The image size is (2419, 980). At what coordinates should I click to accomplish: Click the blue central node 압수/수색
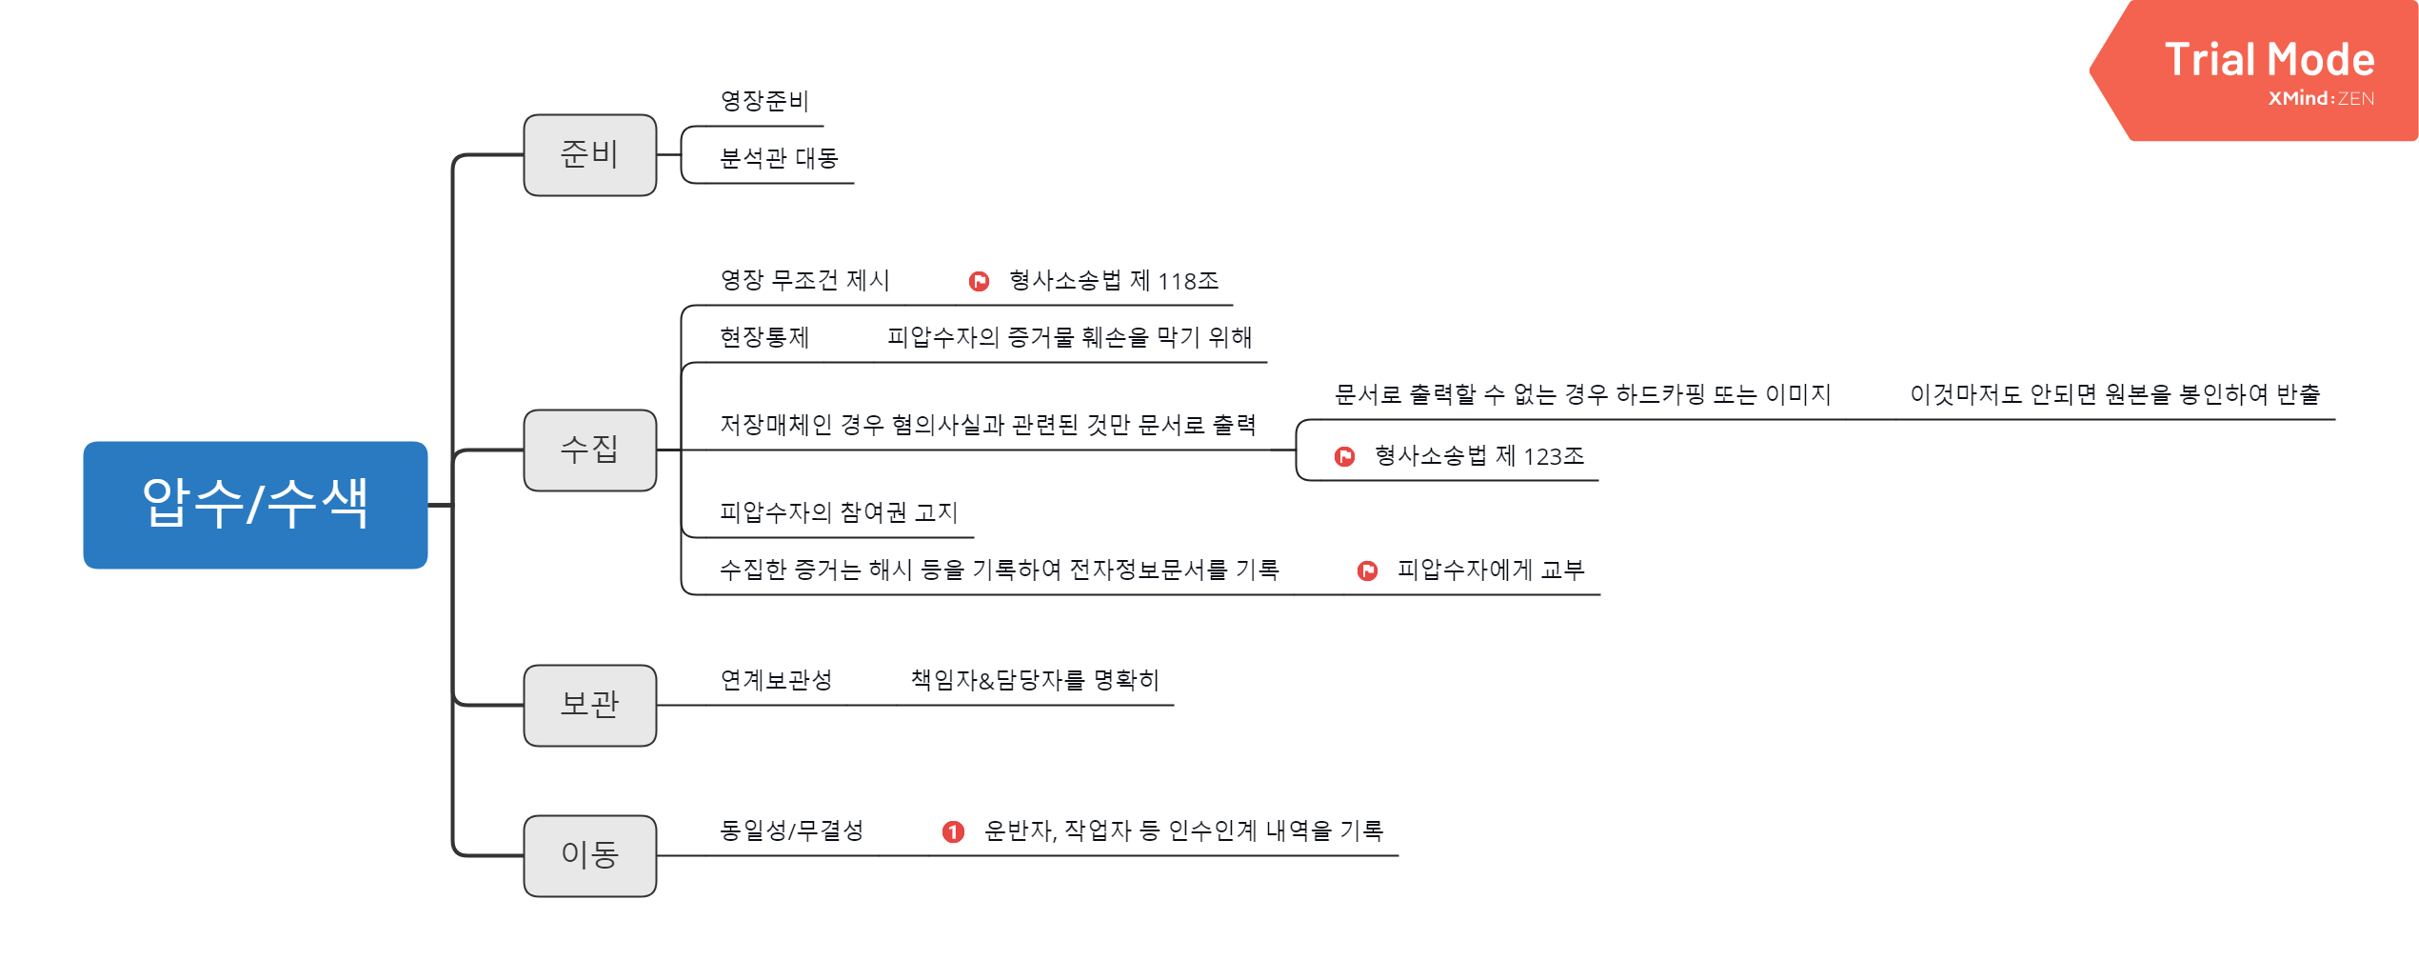point(255,505)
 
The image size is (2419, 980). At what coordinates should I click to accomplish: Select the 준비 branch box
point(589,155)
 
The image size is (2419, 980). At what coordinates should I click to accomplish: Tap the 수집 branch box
point(589,450)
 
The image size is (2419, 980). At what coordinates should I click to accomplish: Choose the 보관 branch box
point(589,706)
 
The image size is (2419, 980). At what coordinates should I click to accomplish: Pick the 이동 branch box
point(589,855)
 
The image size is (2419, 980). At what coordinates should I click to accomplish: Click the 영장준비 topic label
point(764,101)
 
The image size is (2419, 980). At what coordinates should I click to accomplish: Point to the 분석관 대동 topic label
point(779,158)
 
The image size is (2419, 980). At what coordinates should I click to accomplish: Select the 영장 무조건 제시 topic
point(804,280)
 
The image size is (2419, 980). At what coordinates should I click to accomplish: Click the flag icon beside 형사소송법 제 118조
point(979,281)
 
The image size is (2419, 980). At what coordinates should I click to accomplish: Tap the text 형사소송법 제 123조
point(1479,456)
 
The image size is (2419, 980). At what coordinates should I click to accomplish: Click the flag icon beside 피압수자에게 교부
point(1367,570)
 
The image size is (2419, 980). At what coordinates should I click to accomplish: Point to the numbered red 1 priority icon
point(953,832)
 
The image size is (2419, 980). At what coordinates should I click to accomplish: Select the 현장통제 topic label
point(764,337)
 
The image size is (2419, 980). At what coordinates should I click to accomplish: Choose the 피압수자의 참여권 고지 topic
point(838,512)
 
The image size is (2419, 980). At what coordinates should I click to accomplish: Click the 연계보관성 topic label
point(776,680)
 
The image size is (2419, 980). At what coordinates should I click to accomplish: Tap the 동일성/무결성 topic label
point(791,830)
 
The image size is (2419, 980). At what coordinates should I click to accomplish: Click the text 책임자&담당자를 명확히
point(1035,680)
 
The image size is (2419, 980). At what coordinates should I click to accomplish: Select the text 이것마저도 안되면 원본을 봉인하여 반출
point(2114,394)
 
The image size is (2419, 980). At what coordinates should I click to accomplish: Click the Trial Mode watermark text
point(2270,59)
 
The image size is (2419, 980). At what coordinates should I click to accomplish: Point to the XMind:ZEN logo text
point(2321,99)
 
